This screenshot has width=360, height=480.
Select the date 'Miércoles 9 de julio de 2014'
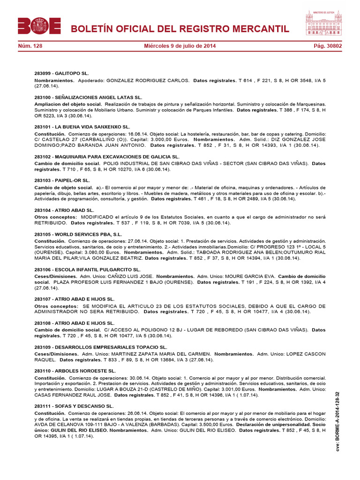pyautogui.click(x=180, y=46)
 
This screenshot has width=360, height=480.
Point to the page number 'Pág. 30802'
pyautogui.click(x=328, y=46)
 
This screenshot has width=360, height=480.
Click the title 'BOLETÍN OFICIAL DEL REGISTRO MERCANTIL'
pyautogui.click(x=180, y=30)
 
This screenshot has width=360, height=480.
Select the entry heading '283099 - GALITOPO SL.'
pyautogui.click(x=61, y=74)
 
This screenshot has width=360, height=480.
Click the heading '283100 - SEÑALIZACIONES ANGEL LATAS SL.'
pyautogui.click(x=88, y=97)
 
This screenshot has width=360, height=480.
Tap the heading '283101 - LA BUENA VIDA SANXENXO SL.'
pyautogui.click(x=82, y=127)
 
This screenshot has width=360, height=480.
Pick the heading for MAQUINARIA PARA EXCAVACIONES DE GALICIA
pyautogui.click(x=107, y=157)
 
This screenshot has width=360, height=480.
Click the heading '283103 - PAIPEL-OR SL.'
pyautogui.click(x=62, y=180)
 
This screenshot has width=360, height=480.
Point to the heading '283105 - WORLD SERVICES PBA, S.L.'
pyautogui.click(x=78, y=234)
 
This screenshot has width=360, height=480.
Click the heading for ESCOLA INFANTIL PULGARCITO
pyautogui.click(x=87, y=270)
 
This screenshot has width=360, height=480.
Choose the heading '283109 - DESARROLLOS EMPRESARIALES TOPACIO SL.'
pyautogui.click(x=101, y=347)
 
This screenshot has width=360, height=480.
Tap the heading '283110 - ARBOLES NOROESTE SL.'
pyautogui.click(x=75, y=371)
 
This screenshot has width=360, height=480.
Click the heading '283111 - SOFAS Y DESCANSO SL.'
pyautogui.click(x=74, y=406)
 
